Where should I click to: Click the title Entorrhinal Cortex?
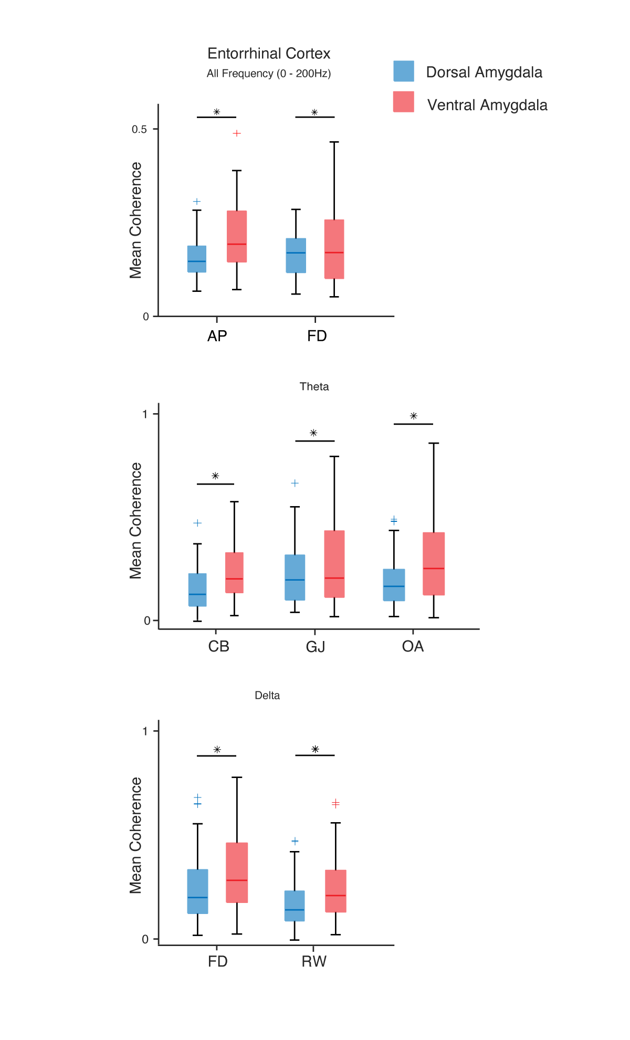(269, 54)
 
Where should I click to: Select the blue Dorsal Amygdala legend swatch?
(403, 71)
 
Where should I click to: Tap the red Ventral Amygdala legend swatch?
(403, 102)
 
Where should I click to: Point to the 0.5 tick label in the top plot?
(139, 129)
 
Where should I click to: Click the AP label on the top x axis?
(217, 336)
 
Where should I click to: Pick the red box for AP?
(237, 236)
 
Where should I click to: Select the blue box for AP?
(197, 259)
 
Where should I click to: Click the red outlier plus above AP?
(237, 133)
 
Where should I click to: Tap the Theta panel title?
(314, 387)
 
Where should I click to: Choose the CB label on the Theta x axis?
(218, 646)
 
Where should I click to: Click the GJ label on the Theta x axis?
(316, 647)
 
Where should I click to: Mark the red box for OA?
(434, 564)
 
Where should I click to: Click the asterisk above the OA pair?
(414, 416)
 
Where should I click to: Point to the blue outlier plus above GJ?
(295, 483)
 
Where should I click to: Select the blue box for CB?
(197, 590)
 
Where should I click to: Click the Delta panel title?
(267, 696)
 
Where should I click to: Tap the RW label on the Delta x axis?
(314, 962)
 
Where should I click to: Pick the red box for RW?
(335, 891)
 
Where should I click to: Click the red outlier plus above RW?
(335, 803)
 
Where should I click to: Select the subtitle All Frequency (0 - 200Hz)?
(269, 73)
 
